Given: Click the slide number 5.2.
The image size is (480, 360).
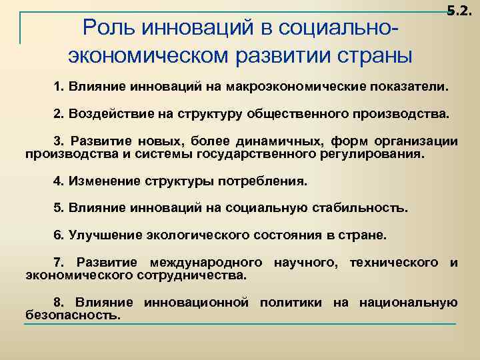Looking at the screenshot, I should [x=459, y=10].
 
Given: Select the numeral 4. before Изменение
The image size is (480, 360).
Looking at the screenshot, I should [x=58, y=181].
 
